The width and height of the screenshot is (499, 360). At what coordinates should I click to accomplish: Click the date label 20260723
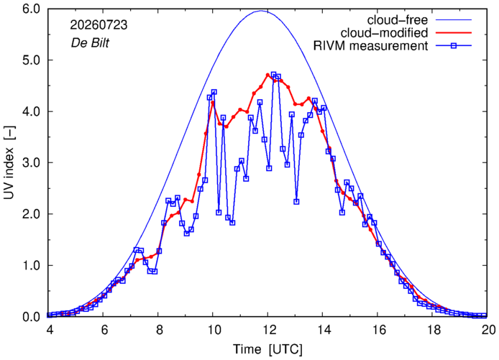pyautogui.click(x=99, y=25)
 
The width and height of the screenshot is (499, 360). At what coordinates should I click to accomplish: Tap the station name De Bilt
pyautogui.click(x=90, y=42)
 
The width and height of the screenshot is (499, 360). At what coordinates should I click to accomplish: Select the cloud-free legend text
pyautogui.click(x=398, y=20)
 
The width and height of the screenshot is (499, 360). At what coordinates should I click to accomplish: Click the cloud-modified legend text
pyautogui.click(x=384, y=33)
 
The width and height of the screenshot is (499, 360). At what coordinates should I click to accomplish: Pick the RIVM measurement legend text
pyautogui.click(x=370, y=46)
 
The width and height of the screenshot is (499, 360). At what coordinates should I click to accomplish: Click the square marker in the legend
pyautogui.click(x=454, y=46)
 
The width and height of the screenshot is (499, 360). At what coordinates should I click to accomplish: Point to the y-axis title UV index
pyautogui.click(x=9, y=163)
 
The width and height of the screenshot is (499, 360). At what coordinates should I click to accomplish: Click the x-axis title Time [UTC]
pyautogui.click(x=267, y=349)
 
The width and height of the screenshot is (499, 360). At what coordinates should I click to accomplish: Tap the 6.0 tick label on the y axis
pyautogui.click(x=31, y=9)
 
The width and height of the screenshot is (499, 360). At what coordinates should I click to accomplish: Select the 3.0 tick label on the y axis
pyautogui.click(x=31, y=163)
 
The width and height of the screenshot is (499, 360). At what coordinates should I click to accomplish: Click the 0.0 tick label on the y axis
pyautogui.click(x=31, y=317)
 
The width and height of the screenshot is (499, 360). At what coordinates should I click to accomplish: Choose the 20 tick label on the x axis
pyautogui.click(x=488, y=330)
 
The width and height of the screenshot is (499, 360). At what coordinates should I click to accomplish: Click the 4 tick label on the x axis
pyautogui.click(x=50, y=330)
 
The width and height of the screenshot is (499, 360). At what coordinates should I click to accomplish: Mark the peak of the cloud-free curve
pyautogui.click(x=261, y=11)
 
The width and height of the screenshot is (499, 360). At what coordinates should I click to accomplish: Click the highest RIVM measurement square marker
pyautogui.click(x=273, y=75)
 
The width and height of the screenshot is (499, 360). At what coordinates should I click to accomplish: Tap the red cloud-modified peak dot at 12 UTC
pyautogui.click(x=267, y=75)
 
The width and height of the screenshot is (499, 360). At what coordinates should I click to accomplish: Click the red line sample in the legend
pyautogui.click(x=454, y=33)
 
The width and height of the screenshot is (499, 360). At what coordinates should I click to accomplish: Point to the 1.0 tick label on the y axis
pyautogui.click(x=31, y=266)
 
